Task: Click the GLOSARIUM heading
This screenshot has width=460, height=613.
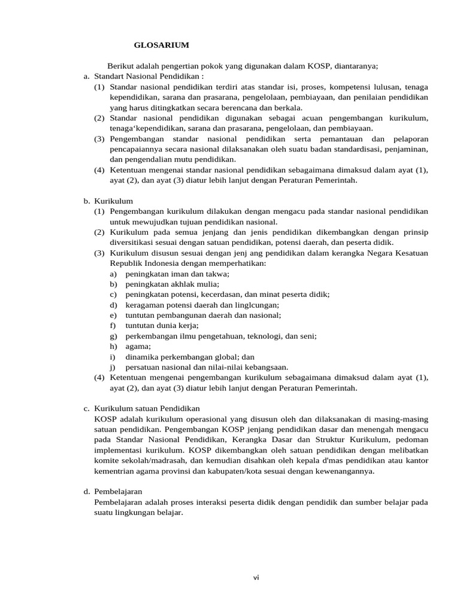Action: (x=161, y=45)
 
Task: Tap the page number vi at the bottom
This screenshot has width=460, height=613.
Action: (x=256, y=577)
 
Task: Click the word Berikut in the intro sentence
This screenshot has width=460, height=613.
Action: (x=120, y=66)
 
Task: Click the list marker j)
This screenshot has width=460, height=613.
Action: (x=113, y=367)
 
